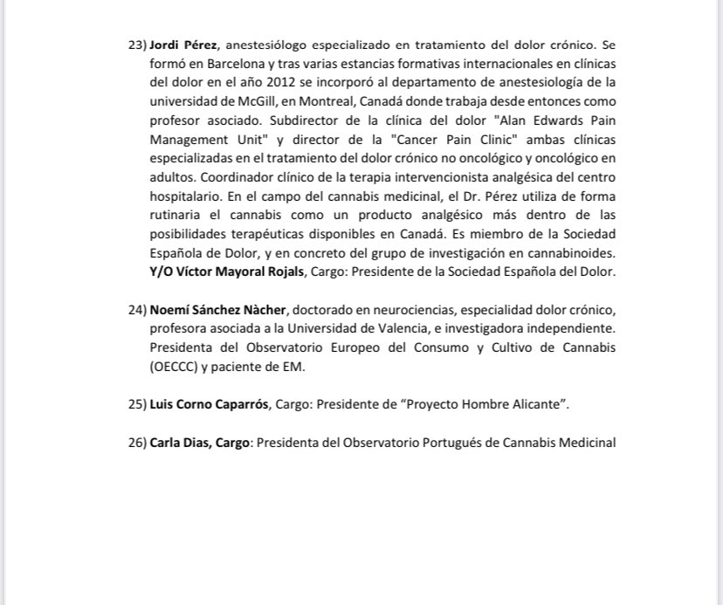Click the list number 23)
pyautogui.click(x=137, y=43)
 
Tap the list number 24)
pyautogui.click(x=137, y=310)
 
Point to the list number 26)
pyautogui.click(x=137, y=443)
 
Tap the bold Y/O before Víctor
pyautogui.click(x=163, y=272)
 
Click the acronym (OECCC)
pyautogui.click(x=176, y=368)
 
